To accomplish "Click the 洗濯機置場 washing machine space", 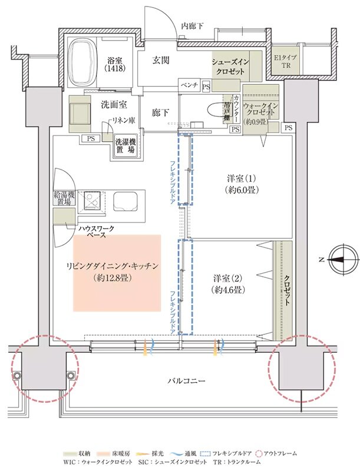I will [x=124, y=145].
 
